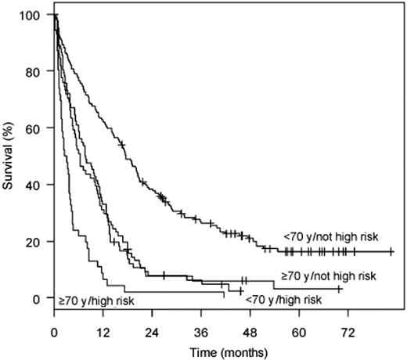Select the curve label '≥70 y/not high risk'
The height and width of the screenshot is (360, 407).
[x=330, y=276]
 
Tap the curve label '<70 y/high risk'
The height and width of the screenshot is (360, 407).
[x=283, y=300]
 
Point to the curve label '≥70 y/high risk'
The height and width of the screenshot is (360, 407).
[x=92, y=300]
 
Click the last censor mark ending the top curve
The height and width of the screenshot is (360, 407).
[x=391, y=251]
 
